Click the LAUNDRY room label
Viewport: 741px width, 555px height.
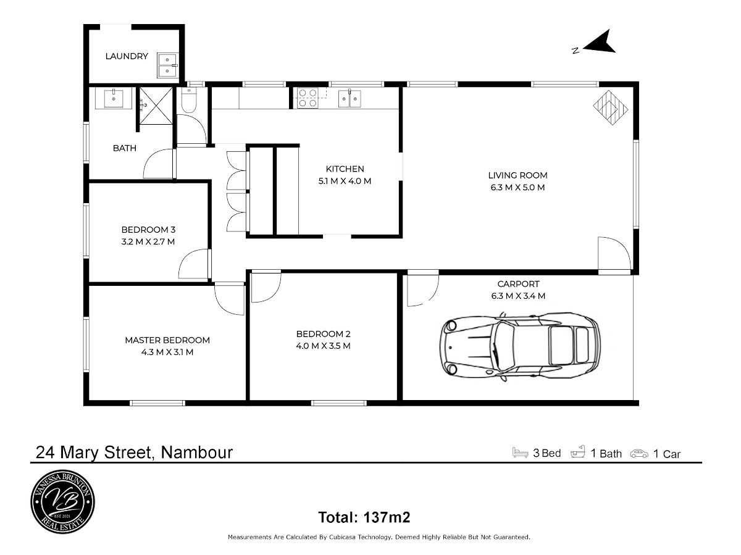(x=127, y=56)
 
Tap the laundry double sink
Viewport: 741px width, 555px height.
(x=167, y=64)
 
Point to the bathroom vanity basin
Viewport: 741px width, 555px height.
(x=114, y=98)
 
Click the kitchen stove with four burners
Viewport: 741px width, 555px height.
(x=308, y=98)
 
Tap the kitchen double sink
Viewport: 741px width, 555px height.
(x=350, y=98)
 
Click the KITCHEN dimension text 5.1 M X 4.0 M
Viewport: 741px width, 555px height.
(x=345, y=181)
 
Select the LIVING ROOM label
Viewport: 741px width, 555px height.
(x=517, y=175)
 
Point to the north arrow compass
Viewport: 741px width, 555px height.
(x=597, y=43)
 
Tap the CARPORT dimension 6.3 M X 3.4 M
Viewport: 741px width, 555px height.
(x=517, y=296)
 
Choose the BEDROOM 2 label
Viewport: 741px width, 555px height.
(x=324, y=334)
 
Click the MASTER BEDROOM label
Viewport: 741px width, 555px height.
(x=167, y=340)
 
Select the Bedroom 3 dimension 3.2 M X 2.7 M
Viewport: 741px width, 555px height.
(x=148, y=241)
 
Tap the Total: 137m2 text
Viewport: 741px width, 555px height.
(x=364, y=516)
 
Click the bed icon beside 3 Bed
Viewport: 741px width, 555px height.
(x=521, y=453)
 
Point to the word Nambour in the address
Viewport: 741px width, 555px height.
(x=196, y=453)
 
